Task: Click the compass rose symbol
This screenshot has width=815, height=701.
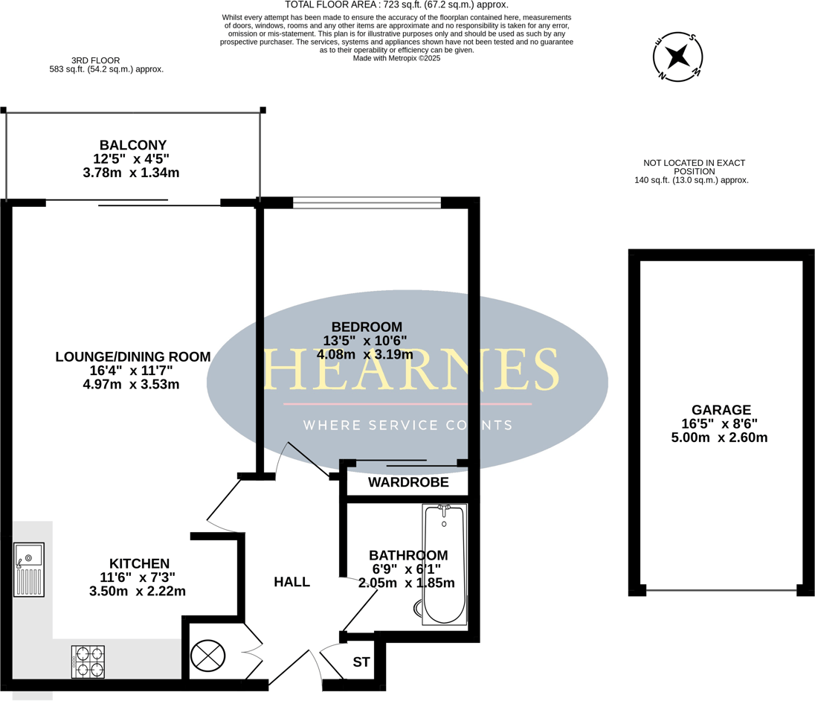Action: click(x=677, y=56)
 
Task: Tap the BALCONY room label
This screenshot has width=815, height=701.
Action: click(x=133, y=145)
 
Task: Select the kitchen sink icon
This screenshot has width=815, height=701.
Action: click(x=29, y=569)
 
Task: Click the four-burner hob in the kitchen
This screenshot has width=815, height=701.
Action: click(x=87, y=661)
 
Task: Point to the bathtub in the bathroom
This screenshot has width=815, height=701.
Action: click(x=443, y=564)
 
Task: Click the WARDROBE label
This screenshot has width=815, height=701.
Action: click(x=408, y=483)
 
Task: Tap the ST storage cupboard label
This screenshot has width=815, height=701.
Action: click(x=361, y=662)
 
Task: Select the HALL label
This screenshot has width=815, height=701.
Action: click(x=291, y=582)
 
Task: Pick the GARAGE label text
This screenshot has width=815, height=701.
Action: click(x=721, y=410)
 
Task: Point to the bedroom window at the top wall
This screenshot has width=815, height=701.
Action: click(x=367, y=202)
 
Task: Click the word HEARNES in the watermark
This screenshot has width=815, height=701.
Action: click(x=411, y=370)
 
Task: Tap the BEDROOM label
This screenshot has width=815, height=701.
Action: click(x=367, y=327)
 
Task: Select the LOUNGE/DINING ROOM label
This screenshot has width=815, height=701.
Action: click(x=133, y=356)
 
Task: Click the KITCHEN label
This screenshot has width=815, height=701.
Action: click(x=140, y=563)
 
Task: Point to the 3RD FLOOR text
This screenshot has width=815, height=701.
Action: click(x=95, y=60)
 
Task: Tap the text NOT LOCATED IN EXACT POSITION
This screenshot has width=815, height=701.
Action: click(x=694, y=167)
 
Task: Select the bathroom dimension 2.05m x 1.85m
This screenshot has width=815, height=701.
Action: click(x=406, y=583)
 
